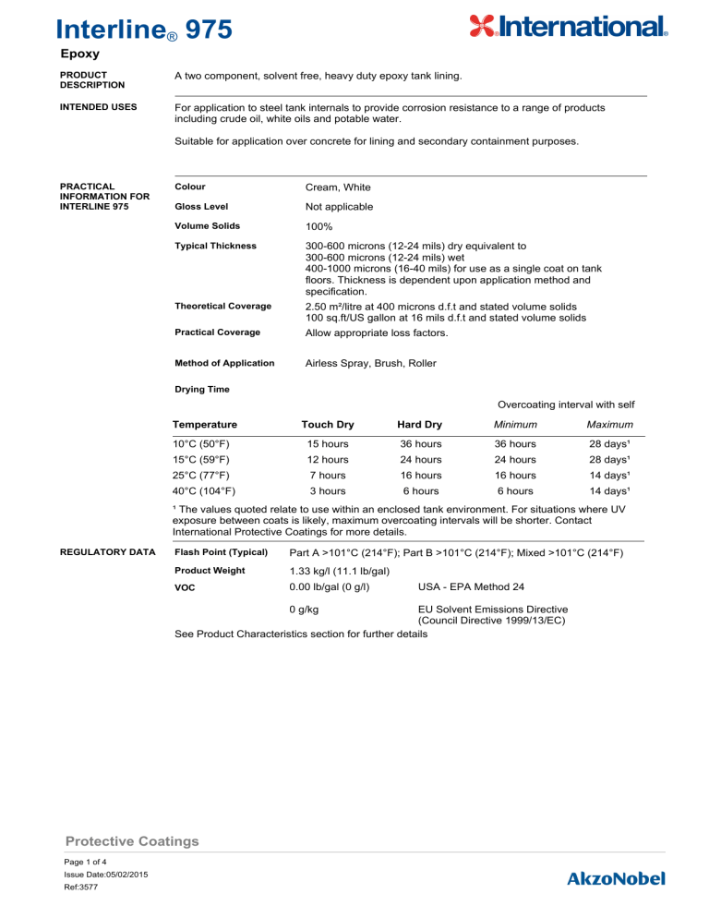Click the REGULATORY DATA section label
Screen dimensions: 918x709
(x=108, y=552)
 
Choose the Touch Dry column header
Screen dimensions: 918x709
(x=328, y=424)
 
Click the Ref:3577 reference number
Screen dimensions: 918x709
(x=84, y=886)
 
